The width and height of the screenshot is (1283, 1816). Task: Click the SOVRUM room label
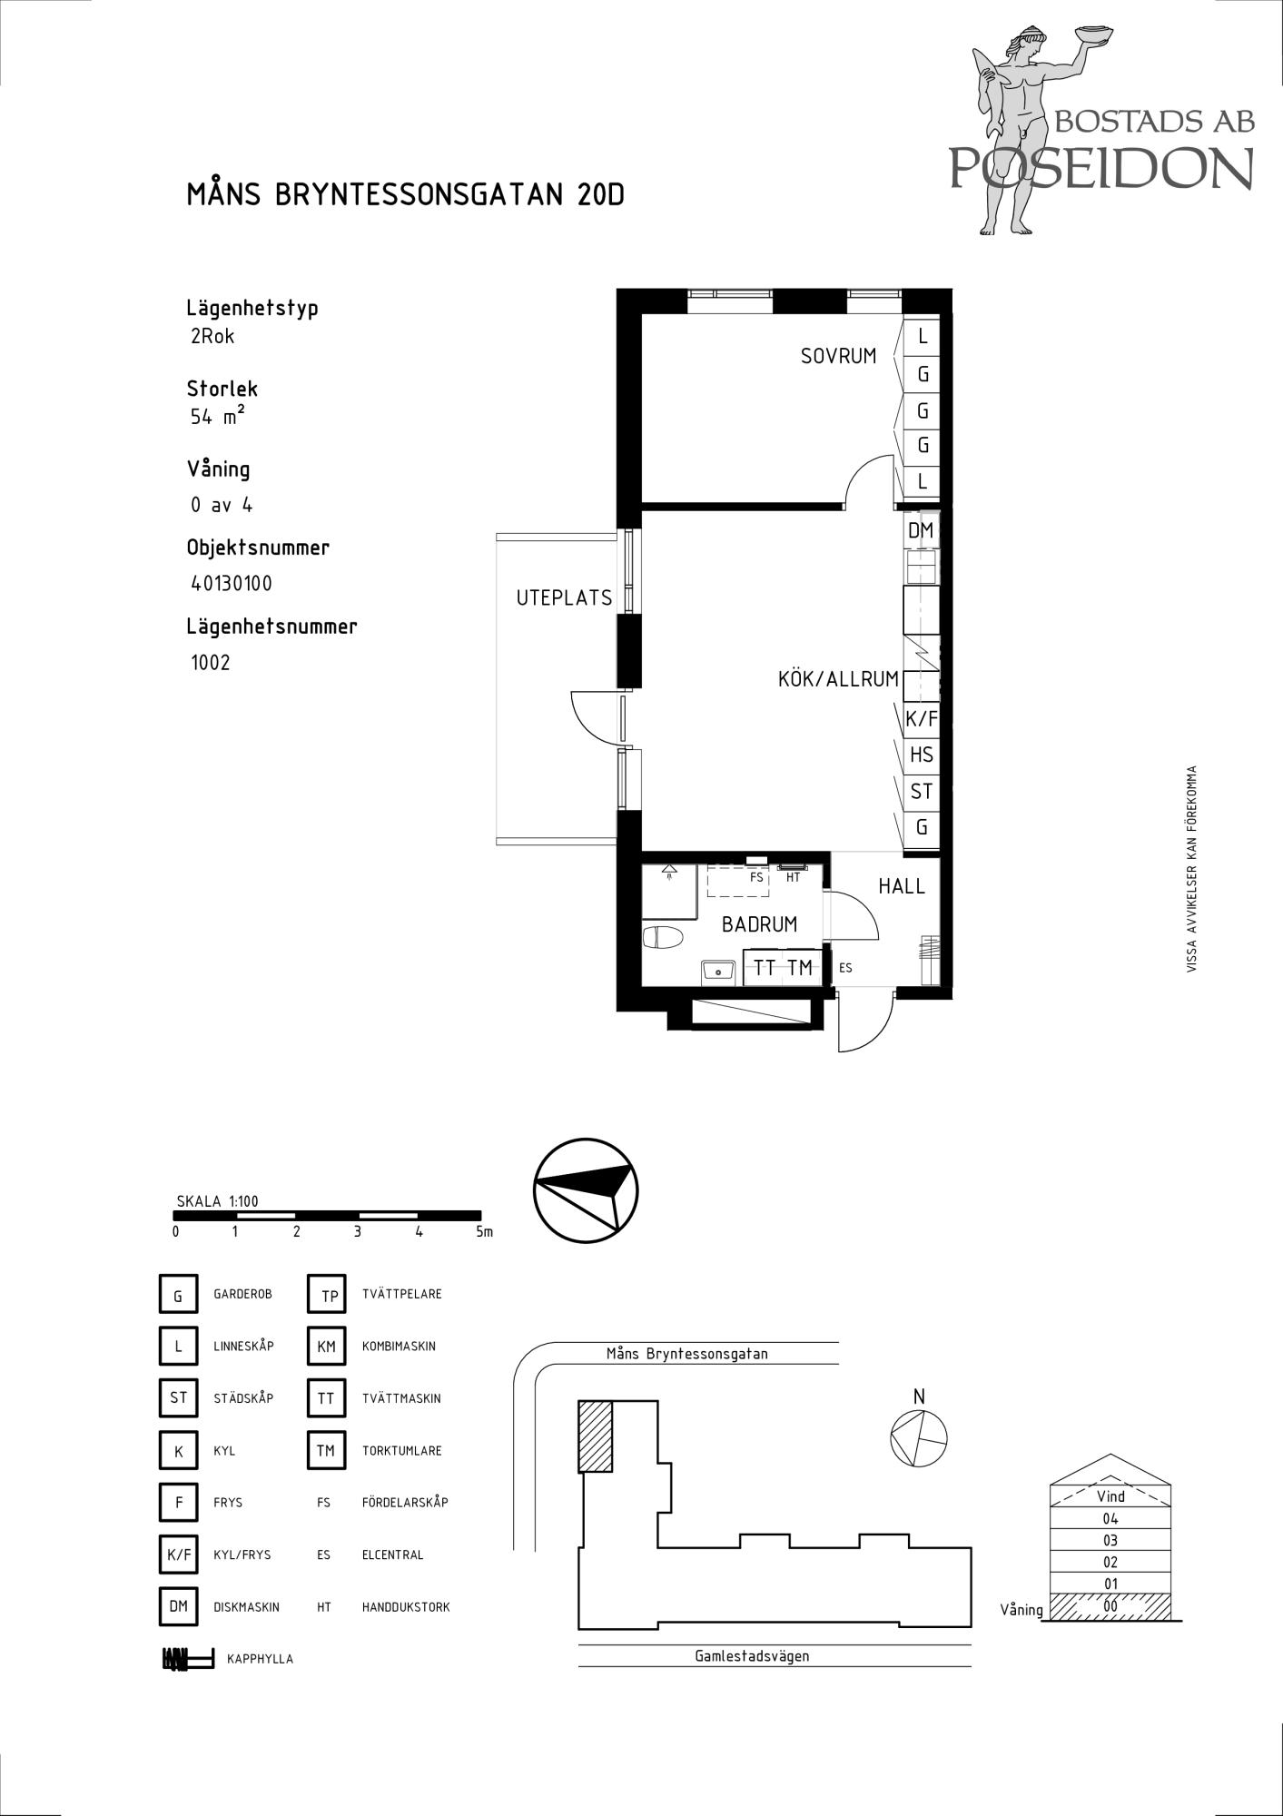click(838, 356)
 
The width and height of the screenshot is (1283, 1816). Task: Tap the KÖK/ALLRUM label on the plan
click(838, 679)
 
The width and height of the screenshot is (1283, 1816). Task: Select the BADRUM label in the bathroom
click(759, 924)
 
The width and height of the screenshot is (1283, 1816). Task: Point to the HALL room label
click(902, 886)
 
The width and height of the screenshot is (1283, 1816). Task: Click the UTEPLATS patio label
click(564, 598)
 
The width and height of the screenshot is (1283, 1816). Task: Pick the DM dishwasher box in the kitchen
click(921, 530)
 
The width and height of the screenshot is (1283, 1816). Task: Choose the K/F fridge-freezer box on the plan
click(922, 720)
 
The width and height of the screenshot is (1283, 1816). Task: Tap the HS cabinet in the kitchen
click(922, 755)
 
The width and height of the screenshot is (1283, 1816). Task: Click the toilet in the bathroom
click(662, 936)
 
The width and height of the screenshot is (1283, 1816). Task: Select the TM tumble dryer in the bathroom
click(801, 968)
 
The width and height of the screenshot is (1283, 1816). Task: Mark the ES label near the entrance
click(845, 969)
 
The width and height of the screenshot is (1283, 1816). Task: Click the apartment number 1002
click(211, 663)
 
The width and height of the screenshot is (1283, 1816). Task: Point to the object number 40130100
click(232, 584)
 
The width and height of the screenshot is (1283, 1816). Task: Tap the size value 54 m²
click(218, 417)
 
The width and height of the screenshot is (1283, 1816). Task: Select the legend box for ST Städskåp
click(178, 1398)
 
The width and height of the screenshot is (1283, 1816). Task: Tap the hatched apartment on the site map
click(596, 1436)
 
